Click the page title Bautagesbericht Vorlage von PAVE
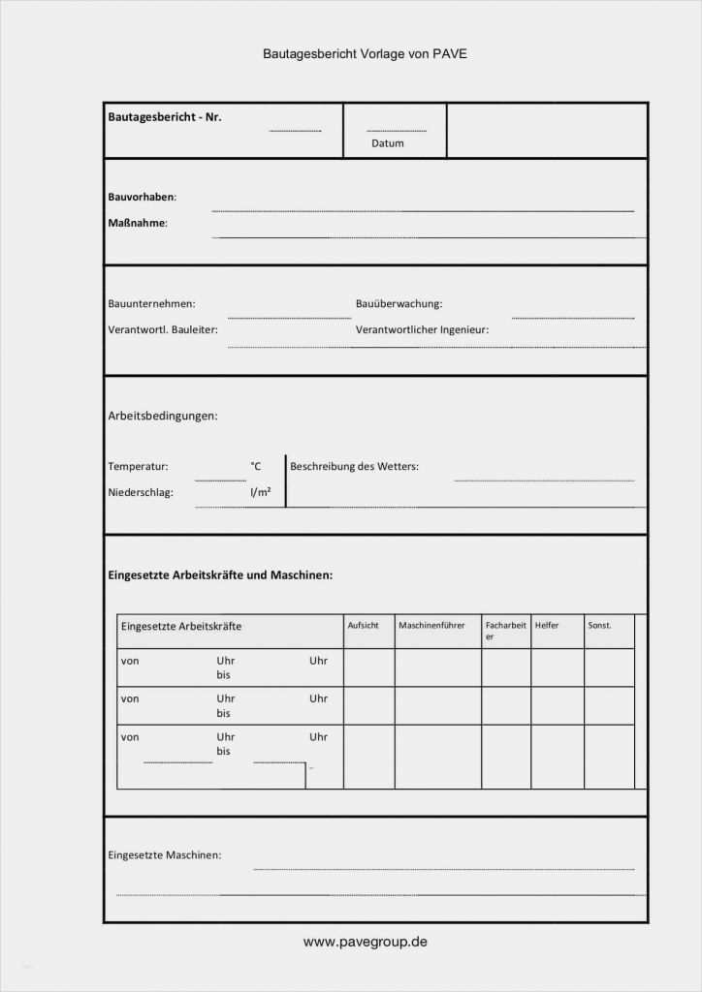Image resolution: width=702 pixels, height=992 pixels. tap(365, 54)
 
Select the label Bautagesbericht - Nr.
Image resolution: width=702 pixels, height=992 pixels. tap(165, 117)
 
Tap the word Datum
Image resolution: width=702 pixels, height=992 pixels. tap(387, 143)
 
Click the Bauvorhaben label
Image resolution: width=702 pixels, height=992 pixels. tap(142, 197)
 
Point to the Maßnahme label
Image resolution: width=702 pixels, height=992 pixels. tap(138, 223)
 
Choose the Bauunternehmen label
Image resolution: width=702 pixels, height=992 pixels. tap(151, 304)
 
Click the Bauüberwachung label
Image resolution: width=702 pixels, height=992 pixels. tap(399, 304)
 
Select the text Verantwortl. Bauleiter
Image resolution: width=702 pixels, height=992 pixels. tap(163, 329)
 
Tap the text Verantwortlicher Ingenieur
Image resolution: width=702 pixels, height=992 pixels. tap(422, 329)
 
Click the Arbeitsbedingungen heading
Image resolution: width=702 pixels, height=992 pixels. tap(163, 417)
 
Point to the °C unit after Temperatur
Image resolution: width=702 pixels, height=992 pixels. tap(256, 467)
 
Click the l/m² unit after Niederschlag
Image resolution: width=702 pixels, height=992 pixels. tap(260, 492)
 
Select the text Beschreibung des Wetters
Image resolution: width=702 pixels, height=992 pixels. tap(354, 467)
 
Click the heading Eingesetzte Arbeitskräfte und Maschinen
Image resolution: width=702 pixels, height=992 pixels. tap(220, 575)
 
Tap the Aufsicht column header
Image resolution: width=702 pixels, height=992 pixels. tap(363, 626)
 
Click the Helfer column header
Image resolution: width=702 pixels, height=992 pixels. tap(547, 626)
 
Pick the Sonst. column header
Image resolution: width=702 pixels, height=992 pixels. tap(599, 626)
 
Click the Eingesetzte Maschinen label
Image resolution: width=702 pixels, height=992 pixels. tap(164, 855)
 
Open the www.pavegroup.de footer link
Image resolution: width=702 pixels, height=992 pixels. tap(365, 942)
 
